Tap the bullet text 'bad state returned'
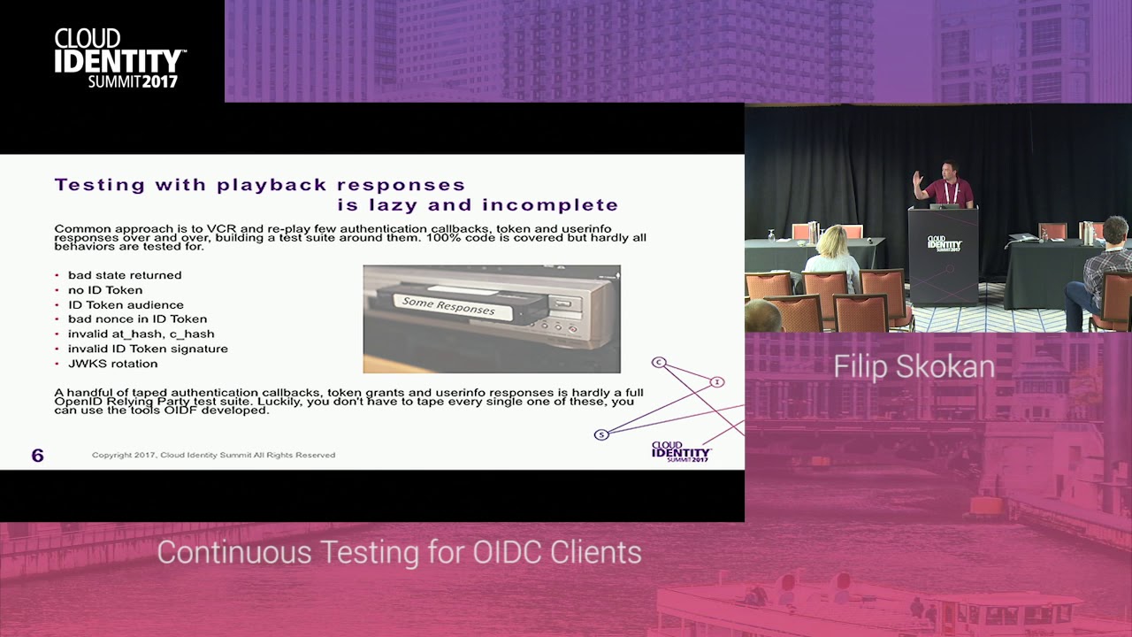[125, 275]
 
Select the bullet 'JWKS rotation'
[112, 364]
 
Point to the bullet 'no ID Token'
[104, 290]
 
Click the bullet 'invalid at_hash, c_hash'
[141, 334]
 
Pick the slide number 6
[37, 456]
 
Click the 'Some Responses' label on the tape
[447, 306]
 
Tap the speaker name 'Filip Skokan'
[914, 367]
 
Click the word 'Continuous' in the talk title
[235, 552]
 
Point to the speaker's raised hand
[918, 177]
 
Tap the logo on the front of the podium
[944, 242]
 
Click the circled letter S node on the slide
[601, 434]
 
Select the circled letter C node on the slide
[658, 362]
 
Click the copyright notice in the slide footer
[213, 455]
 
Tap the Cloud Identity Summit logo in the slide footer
[681, 451]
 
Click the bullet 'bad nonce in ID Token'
[137, 319]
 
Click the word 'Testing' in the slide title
[99, 185]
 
